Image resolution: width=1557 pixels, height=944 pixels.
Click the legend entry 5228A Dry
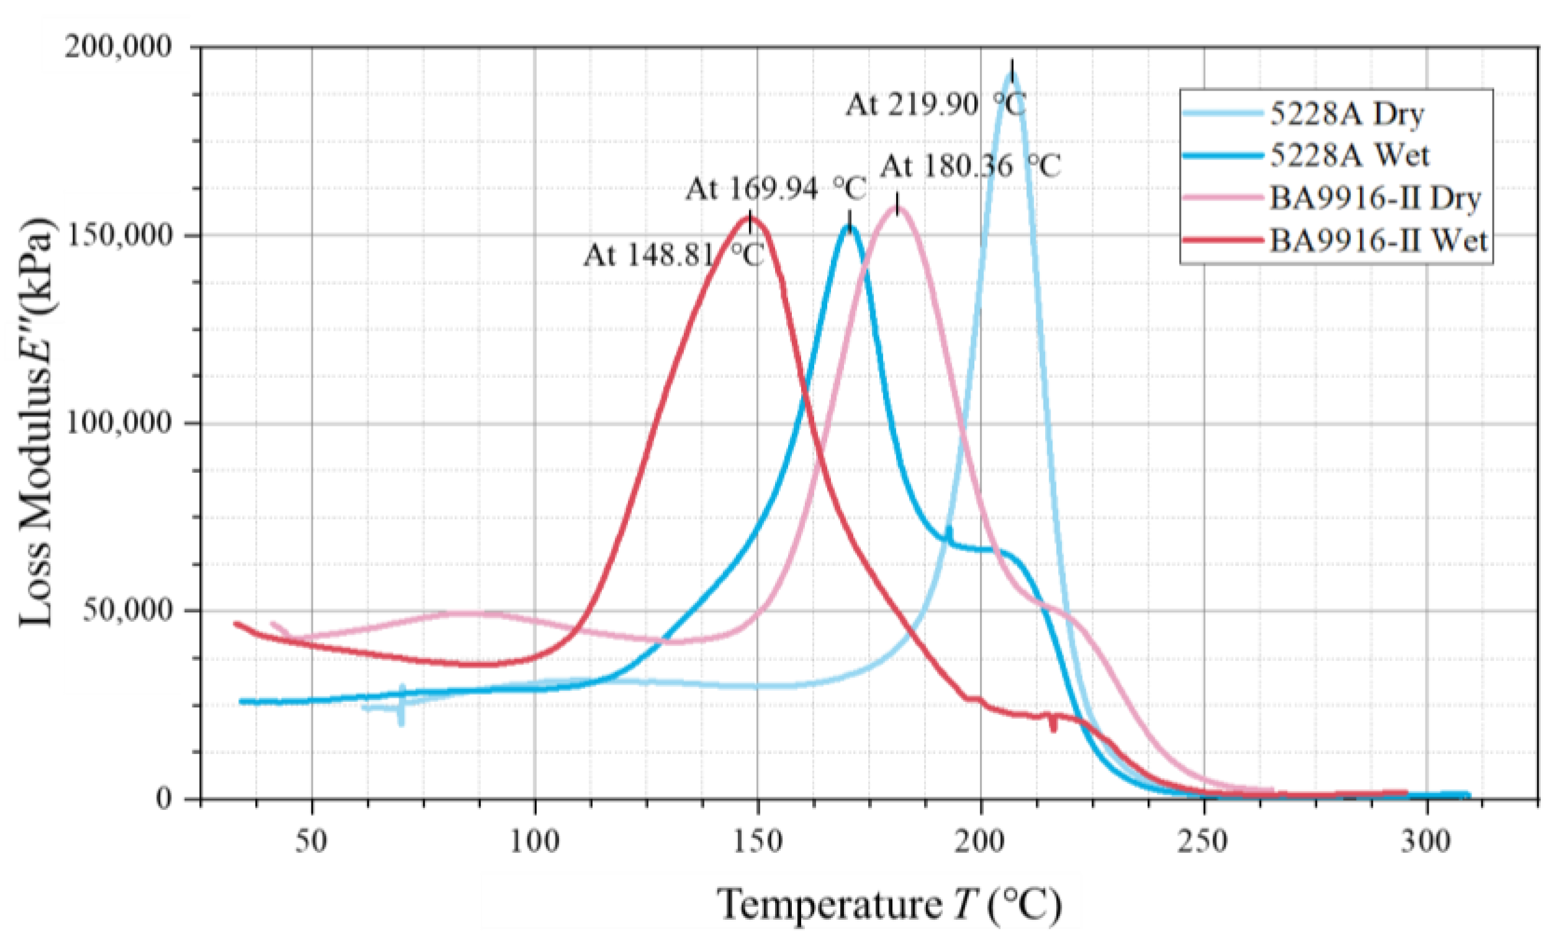pos(1346,114)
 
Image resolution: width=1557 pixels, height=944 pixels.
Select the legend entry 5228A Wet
pos(1348,155)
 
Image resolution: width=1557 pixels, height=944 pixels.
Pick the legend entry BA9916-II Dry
pos(1375,199)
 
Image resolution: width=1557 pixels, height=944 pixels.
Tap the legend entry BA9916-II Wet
pos(1378,241)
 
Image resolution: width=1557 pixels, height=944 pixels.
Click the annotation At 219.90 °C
pos(935,105)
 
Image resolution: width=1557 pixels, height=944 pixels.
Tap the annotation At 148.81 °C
pos(673,256)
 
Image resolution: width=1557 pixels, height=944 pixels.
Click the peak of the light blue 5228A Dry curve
pos(1012,74)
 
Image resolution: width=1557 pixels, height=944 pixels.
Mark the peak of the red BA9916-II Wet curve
pos(750,218)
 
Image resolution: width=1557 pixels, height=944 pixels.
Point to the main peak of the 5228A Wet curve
pos(849,226)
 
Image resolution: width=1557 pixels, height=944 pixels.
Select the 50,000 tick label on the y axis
pos(127,610)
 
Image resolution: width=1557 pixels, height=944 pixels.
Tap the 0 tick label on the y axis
pos(163,799)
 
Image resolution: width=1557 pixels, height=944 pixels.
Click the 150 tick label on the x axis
pos(758,842)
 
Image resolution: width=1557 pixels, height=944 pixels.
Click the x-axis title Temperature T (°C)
pos(889,905)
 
